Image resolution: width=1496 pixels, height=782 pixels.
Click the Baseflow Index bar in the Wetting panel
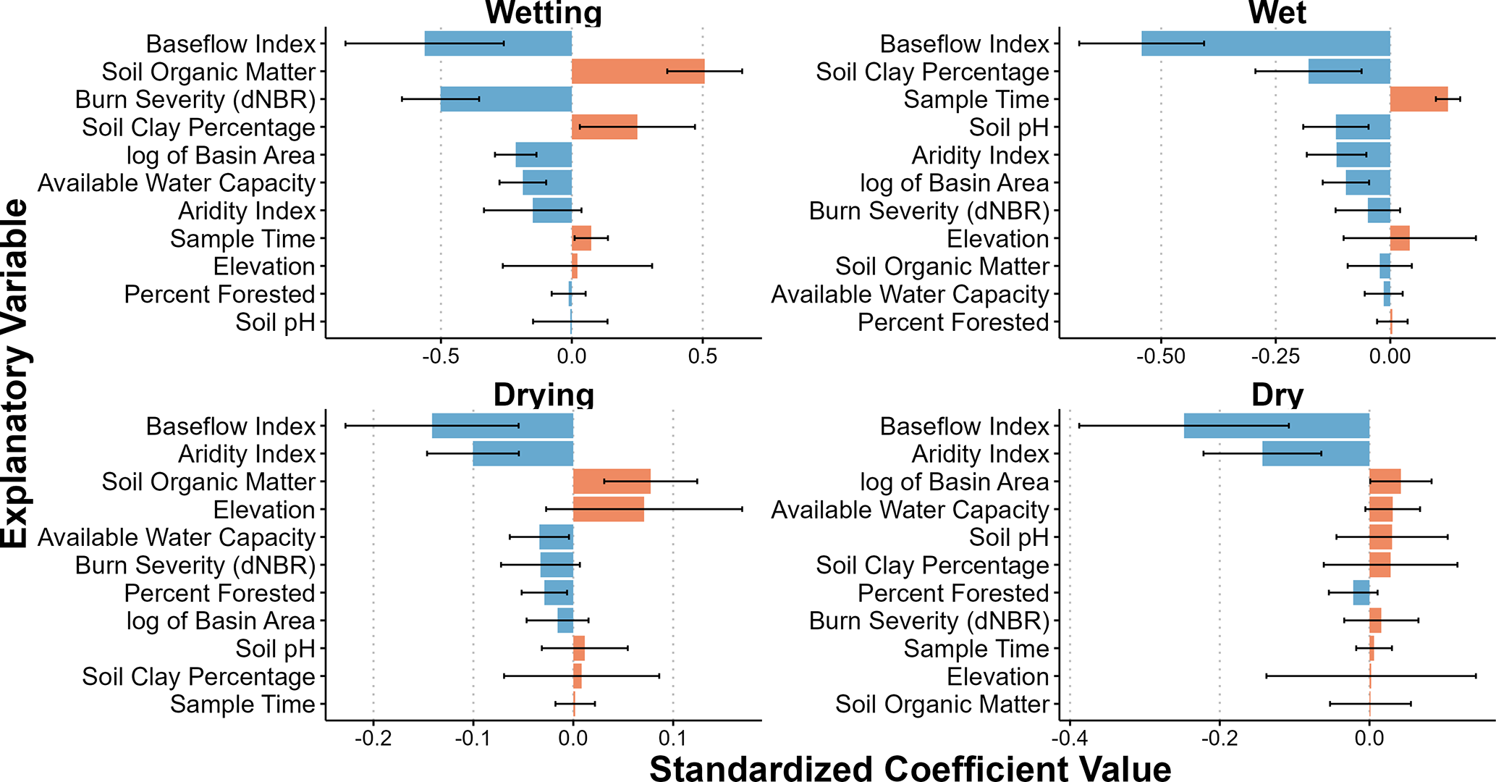[x=498, y=44]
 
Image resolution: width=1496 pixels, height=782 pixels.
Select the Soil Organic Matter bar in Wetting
[x=638, y=72]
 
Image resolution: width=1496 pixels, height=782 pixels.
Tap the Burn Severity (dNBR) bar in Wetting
[x=506, y=99]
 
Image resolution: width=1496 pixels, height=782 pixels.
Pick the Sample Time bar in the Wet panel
[x=1419, y=99]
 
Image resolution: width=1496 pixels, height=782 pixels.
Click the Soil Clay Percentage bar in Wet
[x=1349, y=72]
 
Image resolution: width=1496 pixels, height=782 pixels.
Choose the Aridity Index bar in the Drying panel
[x=523, y=454]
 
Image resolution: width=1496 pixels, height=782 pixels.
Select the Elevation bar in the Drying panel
[x=608, y=510]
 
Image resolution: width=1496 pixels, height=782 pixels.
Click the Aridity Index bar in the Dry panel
[x=1316, y=454]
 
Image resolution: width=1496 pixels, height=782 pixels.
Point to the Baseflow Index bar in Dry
[x=1277, y=426]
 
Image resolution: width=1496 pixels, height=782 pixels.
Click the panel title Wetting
[x=544, y=13]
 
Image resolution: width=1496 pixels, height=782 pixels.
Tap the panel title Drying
[x=544, y=395]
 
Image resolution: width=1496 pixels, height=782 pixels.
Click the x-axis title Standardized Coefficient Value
[x=910, y=768]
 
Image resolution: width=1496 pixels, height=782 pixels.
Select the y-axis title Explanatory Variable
[x=16, y=374]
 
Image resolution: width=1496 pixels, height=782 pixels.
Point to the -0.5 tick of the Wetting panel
[x=440, y=357]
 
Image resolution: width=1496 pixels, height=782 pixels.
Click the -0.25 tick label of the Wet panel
[x=1275, y=357]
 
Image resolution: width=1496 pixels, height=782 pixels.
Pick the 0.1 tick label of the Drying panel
[x=673, y=739]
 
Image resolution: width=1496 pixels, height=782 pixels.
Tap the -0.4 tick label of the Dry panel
[x=1069, y=739]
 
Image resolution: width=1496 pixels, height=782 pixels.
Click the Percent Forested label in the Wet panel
[x=953, y=322]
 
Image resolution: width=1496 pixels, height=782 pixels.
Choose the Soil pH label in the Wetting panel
[x=275, y=322]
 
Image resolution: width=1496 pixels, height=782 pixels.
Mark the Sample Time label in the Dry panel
[x=976, y=649]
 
